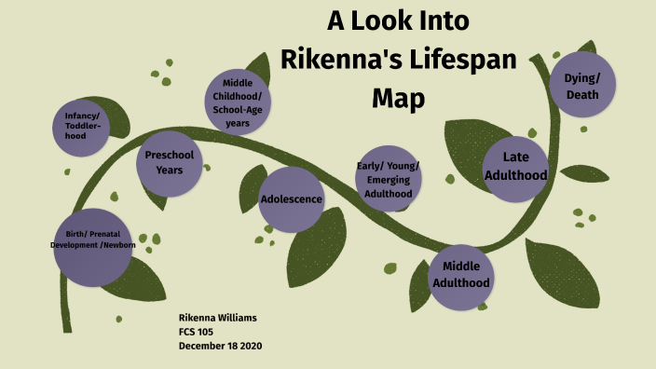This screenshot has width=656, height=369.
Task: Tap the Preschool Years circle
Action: pos(169,163)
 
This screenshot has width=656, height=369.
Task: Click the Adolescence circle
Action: pos(291,198)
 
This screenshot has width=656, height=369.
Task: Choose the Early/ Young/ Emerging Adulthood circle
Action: pos(388,179)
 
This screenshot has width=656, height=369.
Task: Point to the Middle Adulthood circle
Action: pos(460,274)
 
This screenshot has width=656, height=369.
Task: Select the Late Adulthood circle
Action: pos(515,168)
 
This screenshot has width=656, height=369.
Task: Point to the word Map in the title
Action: pos(399,96)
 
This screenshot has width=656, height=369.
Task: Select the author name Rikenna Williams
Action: pos(217,318)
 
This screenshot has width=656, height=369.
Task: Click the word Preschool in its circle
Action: pos(169,156)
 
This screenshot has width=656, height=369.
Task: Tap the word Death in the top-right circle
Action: pos(581,95)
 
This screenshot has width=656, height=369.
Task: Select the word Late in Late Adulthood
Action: pos(515,157)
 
